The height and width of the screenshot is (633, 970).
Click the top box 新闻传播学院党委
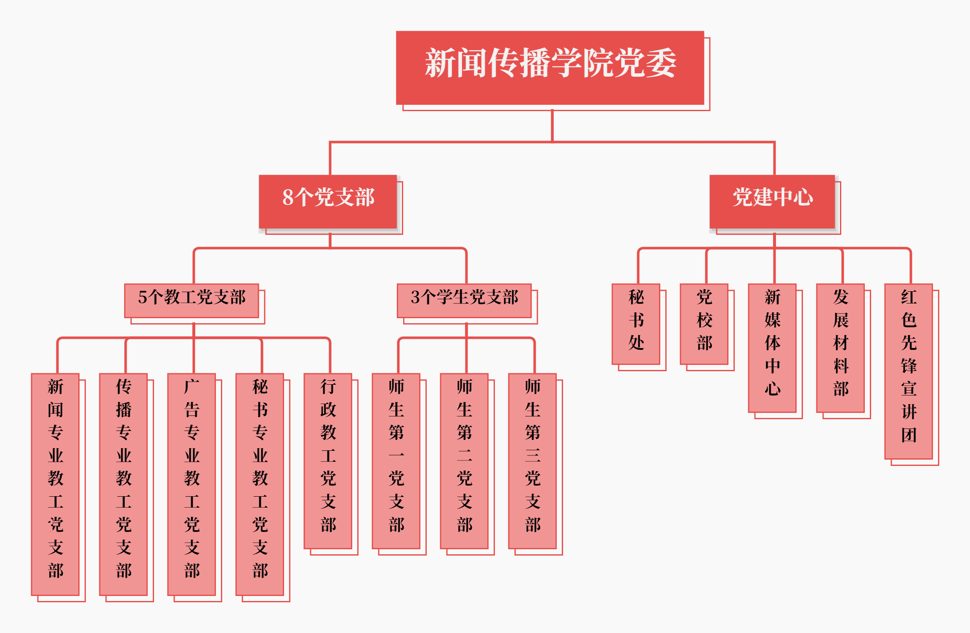pyautogui.click(x=550, y=67)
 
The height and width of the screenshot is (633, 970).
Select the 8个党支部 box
pyautogui.click(x=328, y=201)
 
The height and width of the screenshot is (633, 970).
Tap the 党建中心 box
pyautogui.click(x=772, y=201)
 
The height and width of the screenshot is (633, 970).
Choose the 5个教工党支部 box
pyautogui.click(x=191, y=301)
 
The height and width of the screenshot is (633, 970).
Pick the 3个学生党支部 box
pyautogui.click(x=464, y=301)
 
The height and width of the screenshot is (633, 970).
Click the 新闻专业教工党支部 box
pyautogui.click(x=55, y=484)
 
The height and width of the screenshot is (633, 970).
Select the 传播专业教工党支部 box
pyautogui.click(x=123, y=484)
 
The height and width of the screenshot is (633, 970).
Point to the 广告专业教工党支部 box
pyautogui.click(x=191, y=484)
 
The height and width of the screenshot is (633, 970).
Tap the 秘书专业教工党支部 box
pyautogui.click(x=260, y=484)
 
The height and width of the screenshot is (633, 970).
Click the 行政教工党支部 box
pyautogui.click(x=328, y=461)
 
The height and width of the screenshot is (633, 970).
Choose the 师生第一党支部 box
pyautogui.click(x=396, y=461)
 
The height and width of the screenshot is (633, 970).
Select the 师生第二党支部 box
pyautogui.click(x=464, y=461)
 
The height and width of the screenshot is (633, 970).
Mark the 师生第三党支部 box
pyautogui.click(x=532, y=461)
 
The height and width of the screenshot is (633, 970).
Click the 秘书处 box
pyautogui.click(x=636, y=324)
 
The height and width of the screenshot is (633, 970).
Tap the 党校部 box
pyautogui.click(x=704, y=324)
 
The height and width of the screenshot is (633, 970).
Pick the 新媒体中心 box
pyautogui.click(x=772, y=348)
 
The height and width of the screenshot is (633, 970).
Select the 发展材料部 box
pyautogui.click(x=840, y=348)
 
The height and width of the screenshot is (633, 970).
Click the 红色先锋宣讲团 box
pyautogui.click(x=909, y=371)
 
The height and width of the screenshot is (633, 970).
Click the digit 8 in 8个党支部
pyautogui.click(x=288, y=197)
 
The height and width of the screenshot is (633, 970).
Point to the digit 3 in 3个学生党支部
pyautogui.click(x=415, y=298)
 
